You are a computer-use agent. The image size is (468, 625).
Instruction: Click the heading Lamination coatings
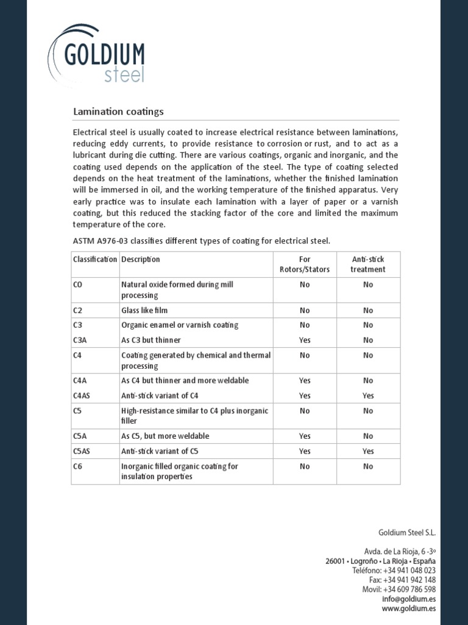tap(118, 112)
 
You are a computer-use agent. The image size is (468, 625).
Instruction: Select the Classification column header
tap(94, 259)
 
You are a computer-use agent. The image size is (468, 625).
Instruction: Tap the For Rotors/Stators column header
tap(305, 264)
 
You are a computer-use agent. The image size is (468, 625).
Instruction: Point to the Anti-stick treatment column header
tap(368, 264)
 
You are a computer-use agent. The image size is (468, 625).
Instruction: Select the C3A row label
tap(80, 340)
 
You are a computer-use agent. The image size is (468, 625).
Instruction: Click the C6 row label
tap(77, 466)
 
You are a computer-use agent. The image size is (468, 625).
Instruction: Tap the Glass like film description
tap(144, 310)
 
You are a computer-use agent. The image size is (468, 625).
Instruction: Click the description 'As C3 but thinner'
tap(151, 340)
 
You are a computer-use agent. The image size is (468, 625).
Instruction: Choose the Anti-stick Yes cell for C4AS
tap(368, 396)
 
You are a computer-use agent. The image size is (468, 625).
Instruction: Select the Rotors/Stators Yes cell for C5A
tap(305, 436)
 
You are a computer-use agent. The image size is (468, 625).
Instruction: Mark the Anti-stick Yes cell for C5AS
tap(368, 451)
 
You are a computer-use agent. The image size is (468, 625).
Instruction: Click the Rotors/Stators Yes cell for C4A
tap(305, 380)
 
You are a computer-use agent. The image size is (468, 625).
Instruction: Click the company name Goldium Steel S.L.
tap(407, 532)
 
